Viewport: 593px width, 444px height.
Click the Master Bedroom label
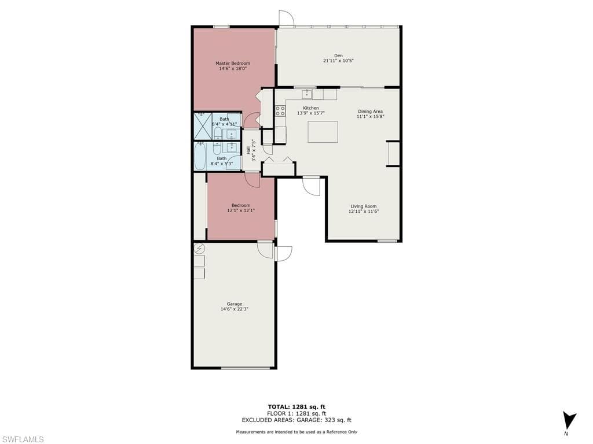233,64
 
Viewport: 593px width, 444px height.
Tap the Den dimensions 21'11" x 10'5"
338,60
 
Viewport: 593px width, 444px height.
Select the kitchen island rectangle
323,132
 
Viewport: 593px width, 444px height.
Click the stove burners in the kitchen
280,111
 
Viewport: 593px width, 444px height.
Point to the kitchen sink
307,94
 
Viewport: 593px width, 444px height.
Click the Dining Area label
370,112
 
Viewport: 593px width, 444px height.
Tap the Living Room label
364,206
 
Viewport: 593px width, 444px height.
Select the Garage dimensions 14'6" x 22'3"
235,309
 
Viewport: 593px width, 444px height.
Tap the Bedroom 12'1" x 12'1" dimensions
241,210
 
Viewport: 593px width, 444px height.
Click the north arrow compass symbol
569,420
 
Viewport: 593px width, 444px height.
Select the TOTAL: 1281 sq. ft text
296,406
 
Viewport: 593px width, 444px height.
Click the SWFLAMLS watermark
22,439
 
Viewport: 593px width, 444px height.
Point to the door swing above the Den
286,18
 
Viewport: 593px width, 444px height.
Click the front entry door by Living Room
311,186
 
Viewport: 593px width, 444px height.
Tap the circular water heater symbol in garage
199,249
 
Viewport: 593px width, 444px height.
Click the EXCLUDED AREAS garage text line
296,420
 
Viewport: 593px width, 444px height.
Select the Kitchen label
311,108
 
